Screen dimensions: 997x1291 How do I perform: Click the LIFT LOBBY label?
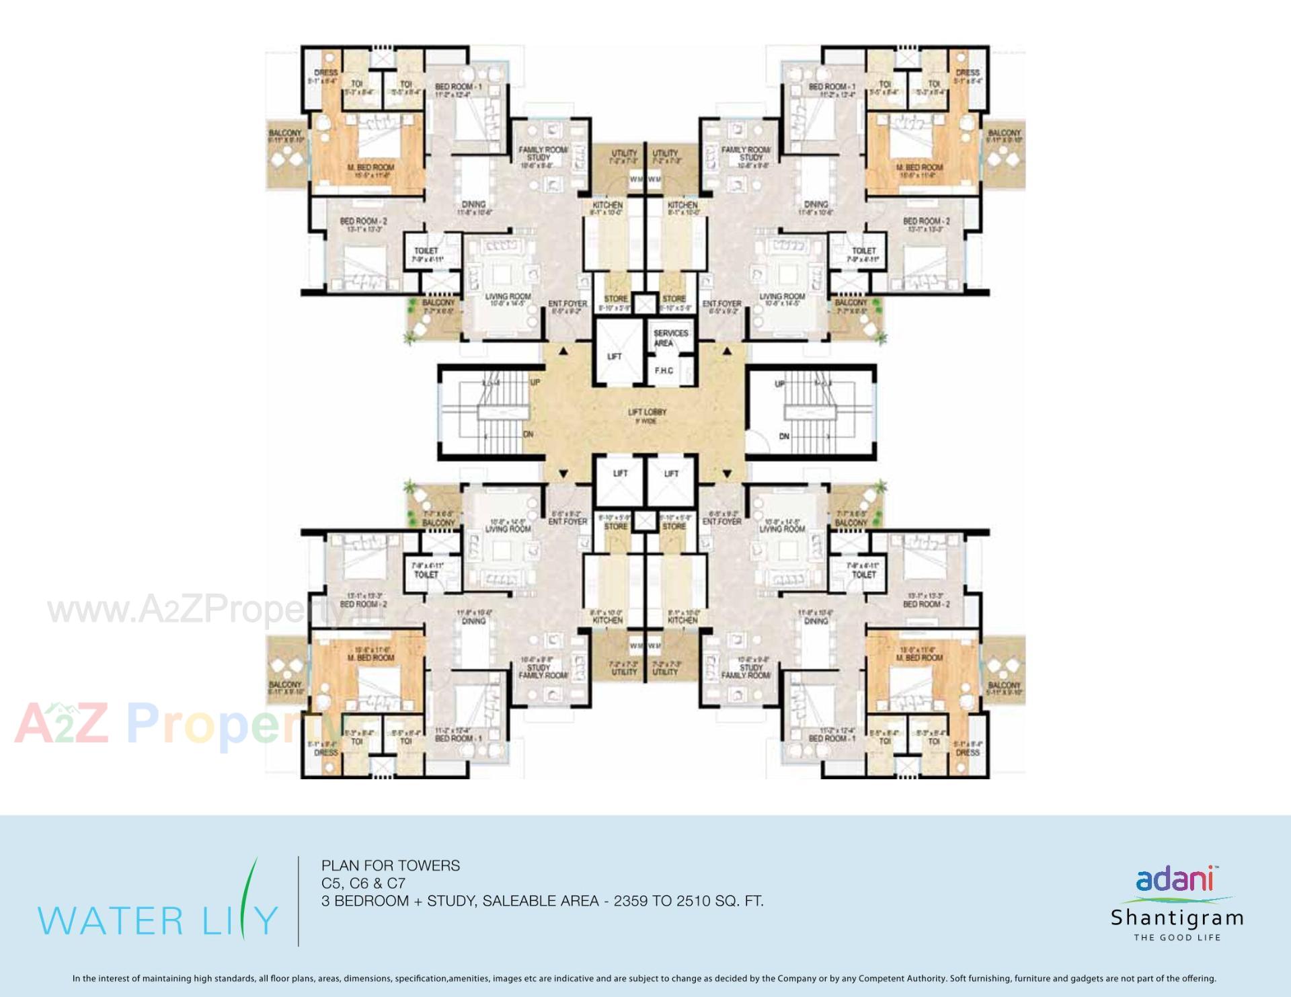pos(647,412)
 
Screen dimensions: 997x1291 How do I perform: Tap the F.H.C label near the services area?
pos(664,370)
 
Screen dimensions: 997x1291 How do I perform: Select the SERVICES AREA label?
pos(670,337)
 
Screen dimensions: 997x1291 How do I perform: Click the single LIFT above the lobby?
pos(615,356)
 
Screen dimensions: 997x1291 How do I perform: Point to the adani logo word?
pos(1174,879)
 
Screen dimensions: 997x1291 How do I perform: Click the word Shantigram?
pos(1177,918)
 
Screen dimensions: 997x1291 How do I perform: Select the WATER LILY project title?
pos(157,919)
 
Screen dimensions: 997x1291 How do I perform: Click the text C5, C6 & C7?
pos(363,883)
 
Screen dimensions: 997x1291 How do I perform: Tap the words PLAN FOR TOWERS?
pos(391,866)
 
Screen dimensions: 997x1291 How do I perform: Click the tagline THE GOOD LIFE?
pos(1177,937)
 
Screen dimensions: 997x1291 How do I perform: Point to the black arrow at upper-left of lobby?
pos(563,351)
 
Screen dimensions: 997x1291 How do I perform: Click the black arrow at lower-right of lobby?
pos(726,474)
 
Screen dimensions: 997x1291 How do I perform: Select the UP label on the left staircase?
pos(535,383)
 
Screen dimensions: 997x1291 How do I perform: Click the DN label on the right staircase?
pos(784,436)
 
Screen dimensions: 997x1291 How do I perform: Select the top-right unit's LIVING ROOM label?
pos(782,296)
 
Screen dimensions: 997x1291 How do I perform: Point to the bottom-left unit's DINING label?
pos(474,621)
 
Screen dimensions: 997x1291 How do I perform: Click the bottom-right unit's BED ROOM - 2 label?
pos(926,604)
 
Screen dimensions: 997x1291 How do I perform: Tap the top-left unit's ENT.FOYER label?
pos(568,304)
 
